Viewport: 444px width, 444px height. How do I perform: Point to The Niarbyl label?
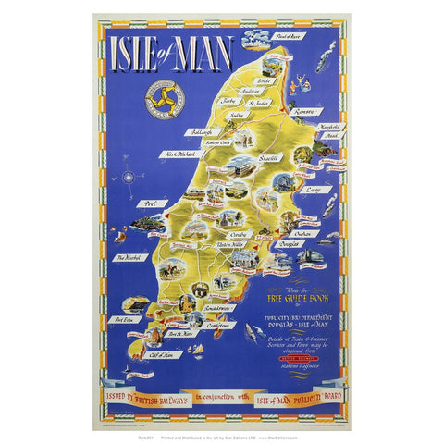coord(128,259)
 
